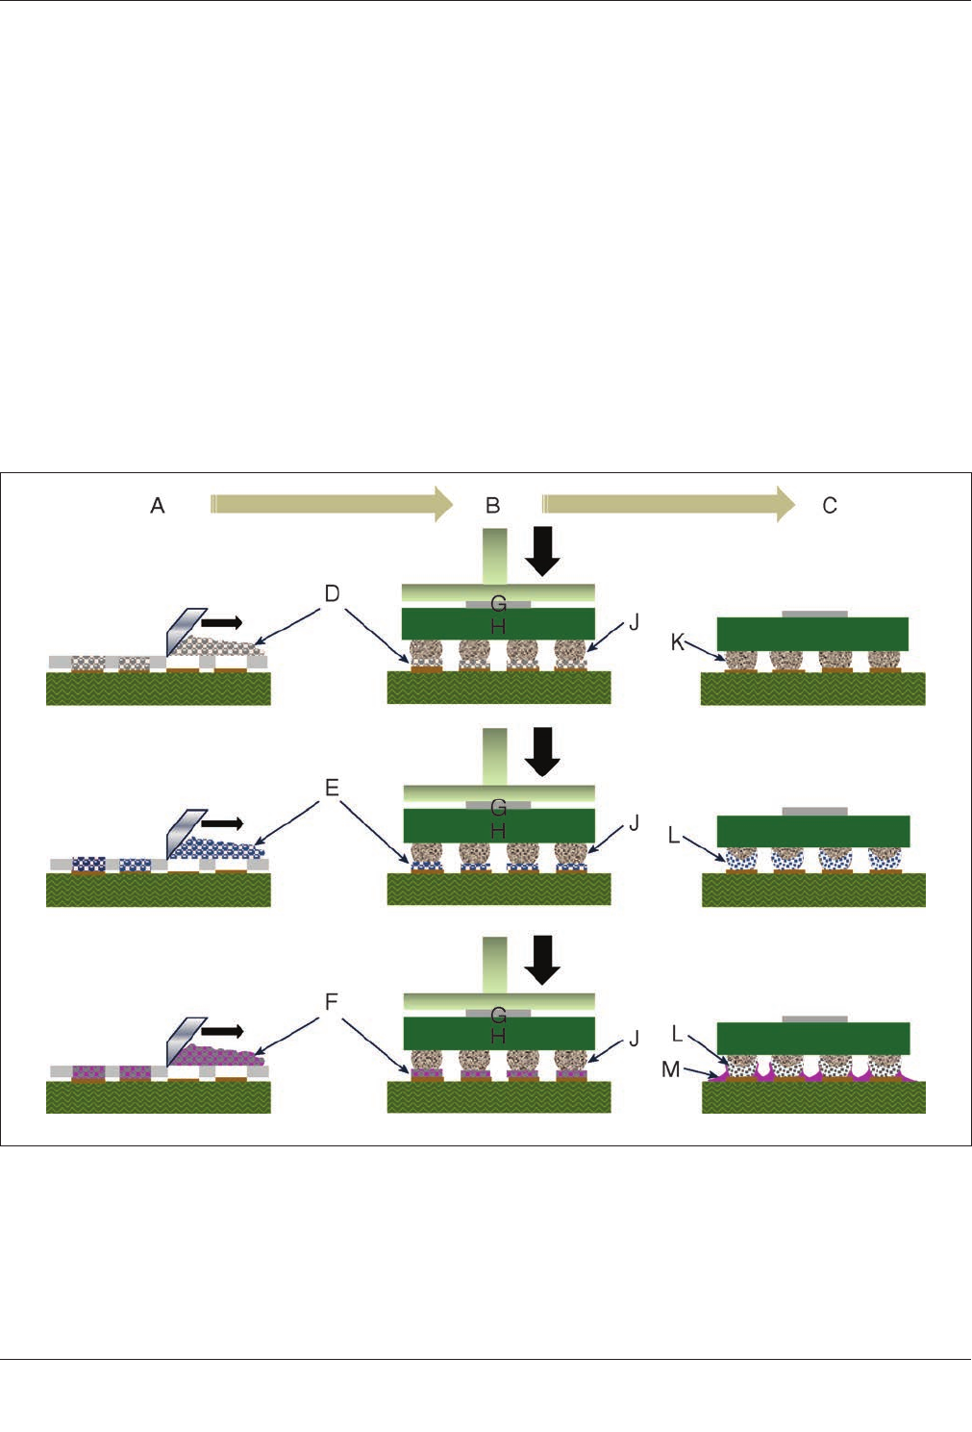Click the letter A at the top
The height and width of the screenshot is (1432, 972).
pos(158,505)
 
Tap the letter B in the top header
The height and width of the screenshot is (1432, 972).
pos(492,505)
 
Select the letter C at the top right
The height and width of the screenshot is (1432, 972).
pos(830,505)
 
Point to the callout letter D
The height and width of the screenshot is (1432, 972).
pos(332,593)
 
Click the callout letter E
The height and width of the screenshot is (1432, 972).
pos(332,789)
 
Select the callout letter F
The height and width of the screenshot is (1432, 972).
pos(332,1002)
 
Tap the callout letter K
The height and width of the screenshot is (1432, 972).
pos(678,641)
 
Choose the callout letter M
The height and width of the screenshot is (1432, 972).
pos(671,1068)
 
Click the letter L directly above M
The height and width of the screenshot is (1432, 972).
pos(678,1034)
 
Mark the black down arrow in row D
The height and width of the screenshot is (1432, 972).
pos(543,550)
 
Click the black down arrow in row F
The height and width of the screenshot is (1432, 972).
pos(543,960)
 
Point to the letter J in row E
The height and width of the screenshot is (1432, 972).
pos(634,823)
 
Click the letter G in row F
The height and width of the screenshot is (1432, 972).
pos(498,1015)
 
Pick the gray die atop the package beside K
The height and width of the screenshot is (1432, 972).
pos(814,613)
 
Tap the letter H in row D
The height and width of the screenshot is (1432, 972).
pos(498,626)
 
